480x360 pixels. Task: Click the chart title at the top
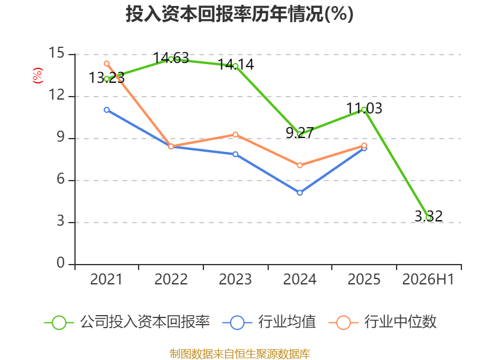(239, 14)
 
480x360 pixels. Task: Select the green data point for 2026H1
(428, 218)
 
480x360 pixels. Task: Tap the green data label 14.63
(171, 58)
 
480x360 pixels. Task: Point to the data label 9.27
(299, 133)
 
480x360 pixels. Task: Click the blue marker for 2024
(299, 193)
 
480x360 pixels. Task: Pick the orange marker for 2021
(107, 64)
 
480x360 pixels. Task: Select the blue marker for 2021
(107, 110)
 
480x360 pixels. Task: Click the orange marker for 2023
(235, 134)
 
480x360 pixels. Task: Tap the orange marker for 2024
(299, 166)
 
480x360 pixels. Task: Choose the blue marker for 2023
(235, 154)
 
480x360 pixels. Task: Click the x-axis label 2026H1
(428, 280)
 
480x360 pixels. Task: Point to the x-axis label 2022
(171, 280)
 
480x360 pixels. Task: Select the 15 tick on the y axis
(57, 53)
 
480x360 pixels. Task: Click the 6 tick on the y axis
(61, 179)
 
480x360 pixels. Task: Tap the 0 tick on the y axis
(61, 263)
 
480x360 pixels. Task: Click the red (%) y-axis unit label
(38, 76)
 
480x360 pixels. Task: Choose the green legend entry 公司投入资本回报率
(127, 322)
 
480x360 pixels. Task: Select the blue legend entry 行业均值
(269, 322)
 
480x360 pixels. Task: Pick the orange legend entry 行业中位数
(382, 322)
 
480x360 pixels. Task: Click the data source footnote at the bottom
(240, 354)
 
